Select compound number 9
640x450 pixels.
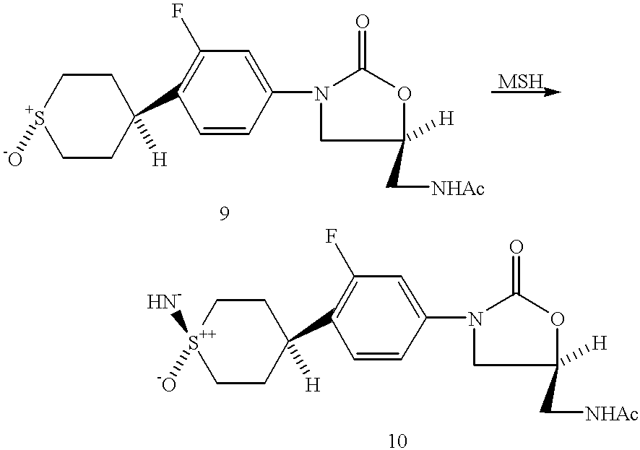tap(224, 213)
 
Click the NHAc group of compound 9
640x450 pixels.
tap(457, 189)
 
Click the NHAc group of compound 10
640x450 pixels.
tap(611, 414)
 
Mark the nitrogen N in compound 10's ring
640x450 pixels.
tap(475, 318)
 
